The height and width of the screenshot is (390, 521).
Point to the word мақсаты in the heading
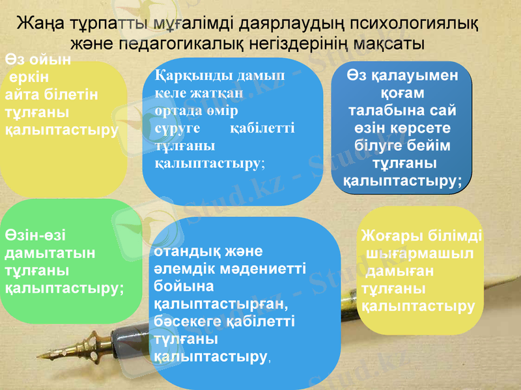point(393,44)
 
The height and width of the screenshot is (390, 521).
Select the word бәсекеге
point(185,322)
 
